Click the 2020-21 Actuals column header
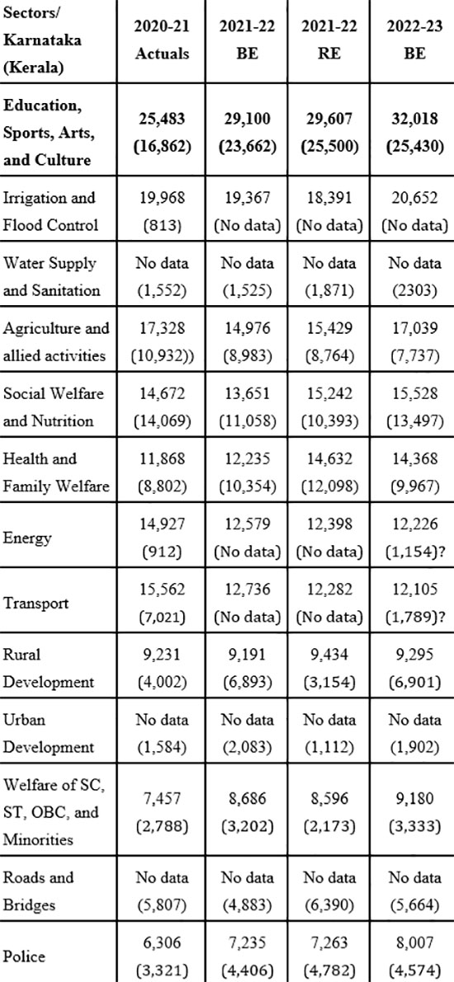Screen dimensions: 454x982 point(163,40)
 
